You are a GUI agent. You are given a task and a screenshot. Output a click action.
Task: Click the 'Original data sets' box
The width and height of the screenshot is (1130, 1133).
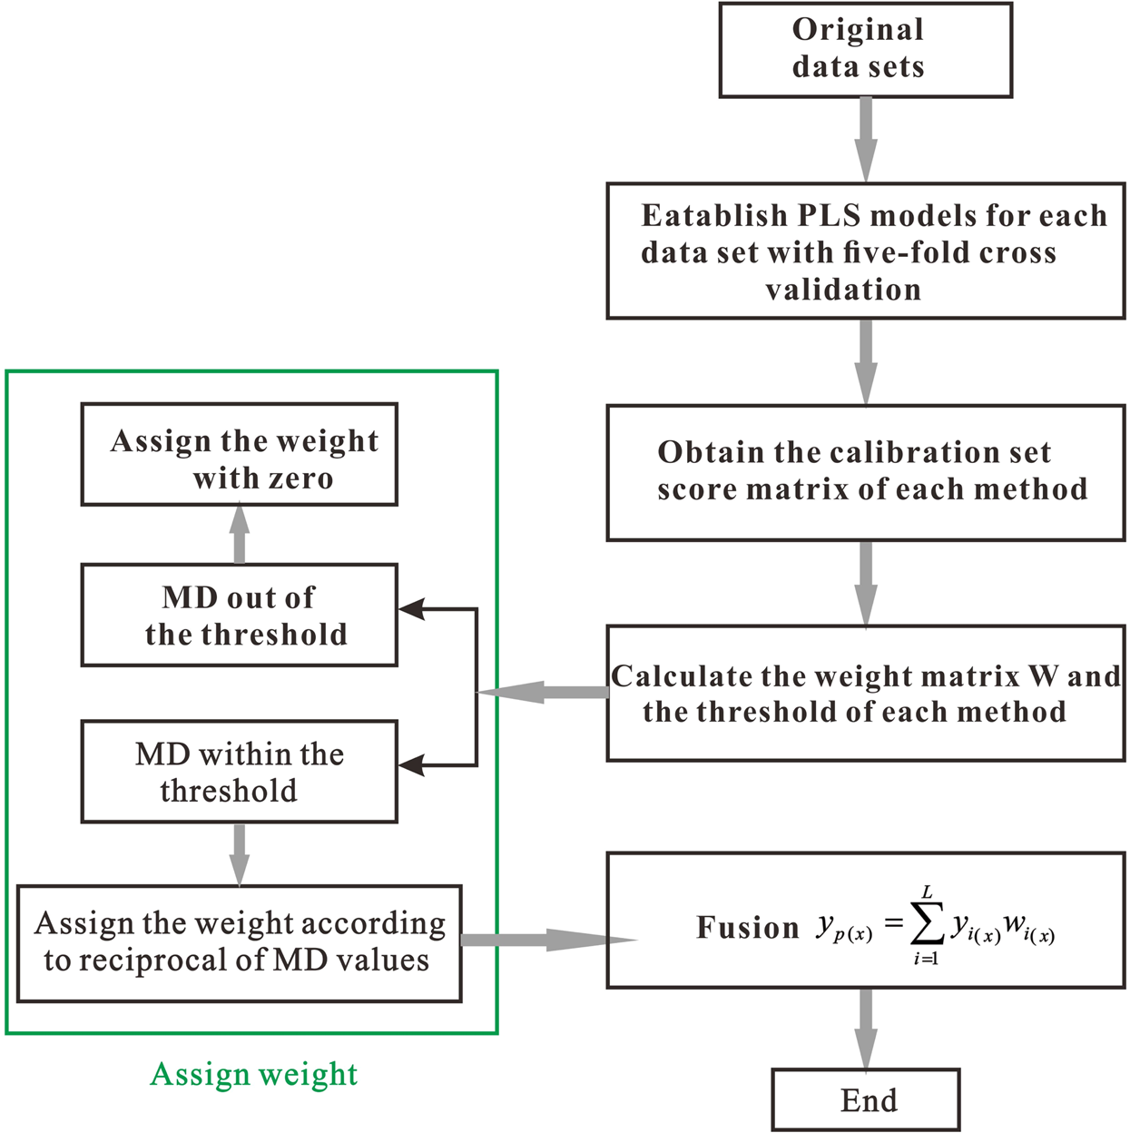point(865,50)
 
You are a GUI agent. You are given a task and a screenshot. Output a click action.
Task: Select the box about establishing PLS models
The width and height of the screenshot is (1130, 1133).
point(865,251)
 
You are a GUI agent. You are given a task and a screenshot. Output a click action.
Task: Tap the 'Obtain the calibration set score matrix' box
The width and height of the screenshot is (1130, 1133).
point(865,472)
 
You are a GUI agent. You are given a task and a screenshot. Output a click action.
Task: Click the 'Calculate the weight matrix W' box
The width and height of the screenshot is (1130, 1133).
point(865,693)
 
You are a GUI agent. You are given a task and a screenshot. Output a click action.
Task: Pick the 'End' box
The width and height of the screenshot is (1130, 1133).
point(865,1099)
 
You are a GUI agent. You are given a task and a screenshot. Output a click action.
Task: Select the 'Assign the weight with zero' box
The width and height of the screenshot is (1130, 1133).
point(240,454)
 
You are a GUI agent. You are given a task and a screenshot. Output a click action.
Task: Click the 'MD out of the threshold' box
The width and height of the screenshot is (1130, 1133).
point(240,615)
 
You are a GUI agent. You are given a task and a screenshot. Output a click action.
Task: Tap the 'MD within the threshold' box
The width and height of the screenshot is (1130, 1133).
point(240,772)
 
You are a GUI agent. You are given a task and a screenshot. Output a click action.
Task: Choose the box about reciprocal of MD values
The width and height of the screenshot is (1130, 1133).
point(240,943)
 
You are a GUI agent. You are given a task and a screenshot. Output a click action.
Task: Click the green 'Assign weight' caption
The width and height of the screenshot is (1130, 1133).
point(253,1074)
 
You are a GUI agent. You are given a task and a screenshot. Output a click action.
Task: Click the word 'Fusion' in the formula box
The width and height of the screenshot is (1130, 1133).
point(747,928)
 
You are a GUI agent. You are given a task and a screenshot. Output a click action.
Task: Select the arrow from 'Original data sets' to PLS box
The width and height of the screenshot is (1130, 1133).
point(866,139)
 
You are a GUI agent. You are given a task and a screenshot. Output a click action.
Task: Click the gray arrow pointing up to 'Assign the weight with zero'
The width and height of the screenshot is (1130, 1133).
point(240,534)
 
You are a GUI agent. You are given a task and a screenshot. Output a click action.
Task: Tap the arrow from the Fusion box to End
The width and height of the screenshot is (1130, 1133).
point(866,1028)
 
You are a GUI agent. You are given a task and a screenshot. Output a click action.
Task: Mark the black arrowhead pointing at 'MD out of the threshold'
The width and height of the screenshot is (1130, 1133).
point(411,609)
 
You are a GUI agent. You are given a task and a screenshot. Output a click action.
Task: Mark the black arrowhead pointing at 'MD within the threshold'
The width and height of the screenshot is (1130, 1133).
point(411,765)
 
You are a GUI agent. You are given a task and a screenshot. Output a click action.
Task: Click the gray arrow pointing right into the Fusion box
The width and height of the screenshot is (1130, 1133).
point(545,940)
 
